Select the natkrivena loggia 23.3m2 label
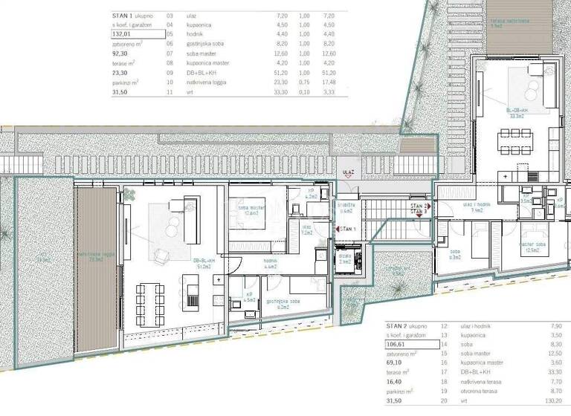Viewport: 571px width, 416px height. coord(94,259)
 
